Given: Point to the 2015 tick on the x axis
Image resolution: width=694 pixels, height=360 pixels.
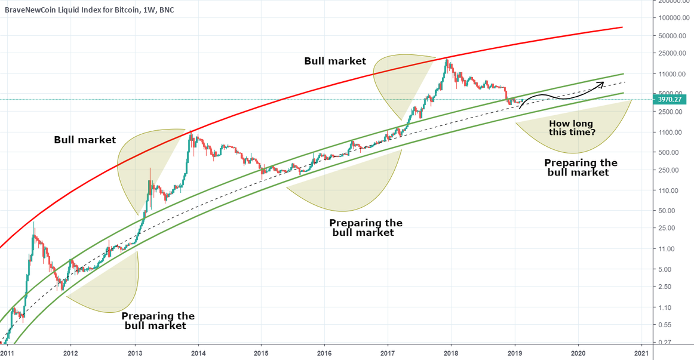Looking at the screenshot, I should point(261,353).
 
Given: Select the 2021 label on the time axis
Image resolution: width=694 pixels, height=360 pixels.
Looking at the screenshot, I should point(641,353).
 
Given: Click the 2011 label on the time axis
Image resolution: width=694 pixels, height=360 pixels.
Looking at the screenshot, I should point(8,353).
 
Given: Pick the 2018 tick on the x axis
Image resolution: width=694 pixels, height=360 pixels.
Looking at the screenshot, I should point(451,353).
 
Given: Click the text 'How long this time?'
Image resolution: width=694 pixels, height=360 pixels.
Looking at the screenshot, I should point(572,127).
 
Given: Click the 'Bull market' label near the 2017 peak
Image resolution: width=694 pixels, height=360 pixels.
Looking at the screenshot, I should point(334,61).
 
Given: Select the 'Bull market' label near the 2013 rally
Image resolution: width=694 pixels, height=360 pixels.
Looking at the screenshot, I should point(85,140).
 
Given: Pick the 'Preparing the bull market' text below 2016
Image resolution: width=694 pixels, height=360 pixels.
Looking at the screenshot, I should point(365,227).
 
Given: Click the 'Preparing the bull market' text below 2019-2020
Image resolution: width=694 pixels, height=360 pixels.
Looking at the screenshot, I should point(580,167).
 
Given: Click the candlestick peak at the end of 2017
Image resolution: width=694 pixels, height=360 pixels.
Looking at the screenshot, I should point(446,59).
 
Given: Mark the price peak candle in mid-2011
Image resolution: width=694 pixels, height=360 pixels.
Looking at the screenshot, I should point(33,223).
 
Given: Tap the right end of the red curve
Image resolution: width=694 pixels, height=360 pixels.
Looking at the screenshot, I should point(622,27).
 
